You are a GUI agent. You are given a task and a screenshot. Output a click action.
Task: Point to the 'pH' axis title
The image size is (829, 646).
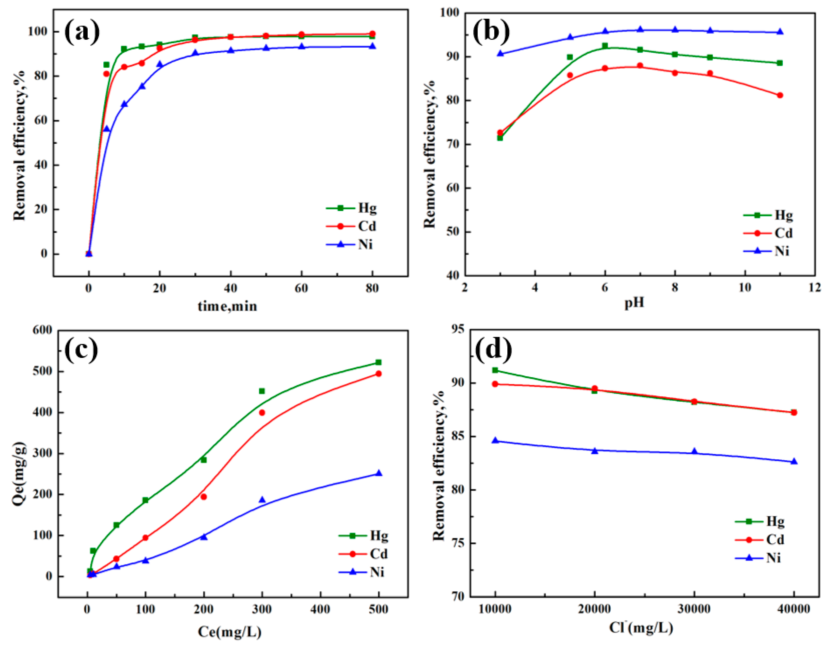point(634,303)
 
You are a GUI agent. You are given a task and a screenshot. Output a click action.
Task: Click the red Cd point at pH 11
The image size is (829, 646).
point(780,95)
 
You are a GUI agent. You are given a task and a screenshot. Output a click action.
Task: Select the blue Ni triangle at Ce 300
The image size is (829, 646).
point(262,500)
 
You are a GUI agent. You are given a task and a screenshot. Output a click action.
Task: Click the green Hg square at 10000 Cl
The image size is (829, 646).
point(495,370)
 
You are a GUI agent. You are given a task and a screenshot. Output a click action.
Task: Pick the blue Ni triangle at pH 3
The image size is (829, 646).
point(500,54)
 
